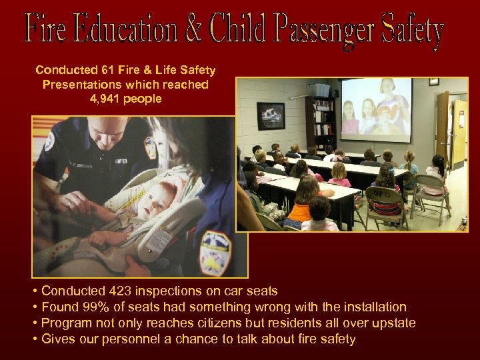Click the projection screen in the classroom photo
pyautogui.click(x=375, y=111)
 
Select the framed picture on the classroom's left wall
pyautogui.click(x=270, y=115)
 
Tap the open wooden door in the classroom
pyautogui.click(x=442, y=127)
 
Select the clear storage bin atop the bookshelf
pyautogui.click(x=320, y=90)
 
